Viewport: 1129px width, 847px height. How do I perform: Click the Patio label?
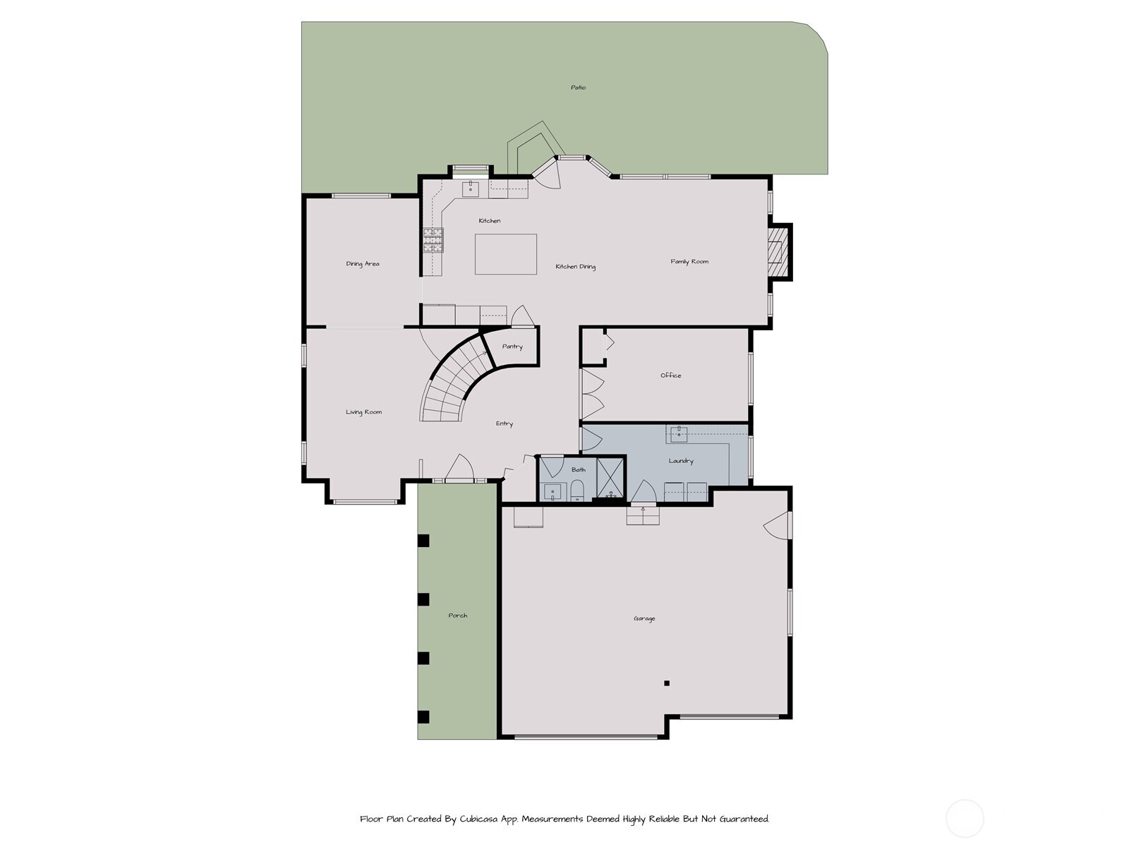click(578, 88)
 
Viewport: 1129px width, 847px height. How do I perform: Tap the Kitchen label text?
click(489, 221)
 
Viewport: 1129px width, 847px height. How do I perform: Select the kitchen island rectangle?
click(505, 254)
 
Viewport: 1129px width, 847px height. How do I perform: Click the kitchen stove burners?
click(433, 241)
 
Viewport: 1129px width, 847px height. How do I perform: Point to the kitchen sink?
click(471, 188)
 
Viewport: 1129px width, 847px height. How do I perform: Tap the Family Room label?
click(689, 262)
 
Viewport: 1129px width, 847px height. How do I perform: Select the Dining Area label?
click(362, 264)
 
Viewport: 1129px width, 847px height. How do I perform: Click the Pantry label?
click(512, 347)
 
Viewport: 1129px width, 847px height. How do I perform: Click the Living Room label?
click(363, 412)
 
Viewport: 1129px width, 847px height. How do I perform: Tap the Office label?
click(670, 376)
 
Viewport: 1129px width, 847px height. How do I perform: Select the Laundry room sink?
click(678, 434)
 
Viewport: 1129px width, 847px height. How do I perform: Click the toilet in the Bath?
click(576, 491)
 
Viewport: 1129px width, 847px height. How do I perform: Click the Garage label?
click(644, 619)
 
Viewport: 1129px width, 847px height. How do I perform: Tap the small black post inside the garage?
click(667, 683)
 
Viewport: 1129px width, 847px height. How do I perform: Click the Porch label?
click(457, 615)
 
